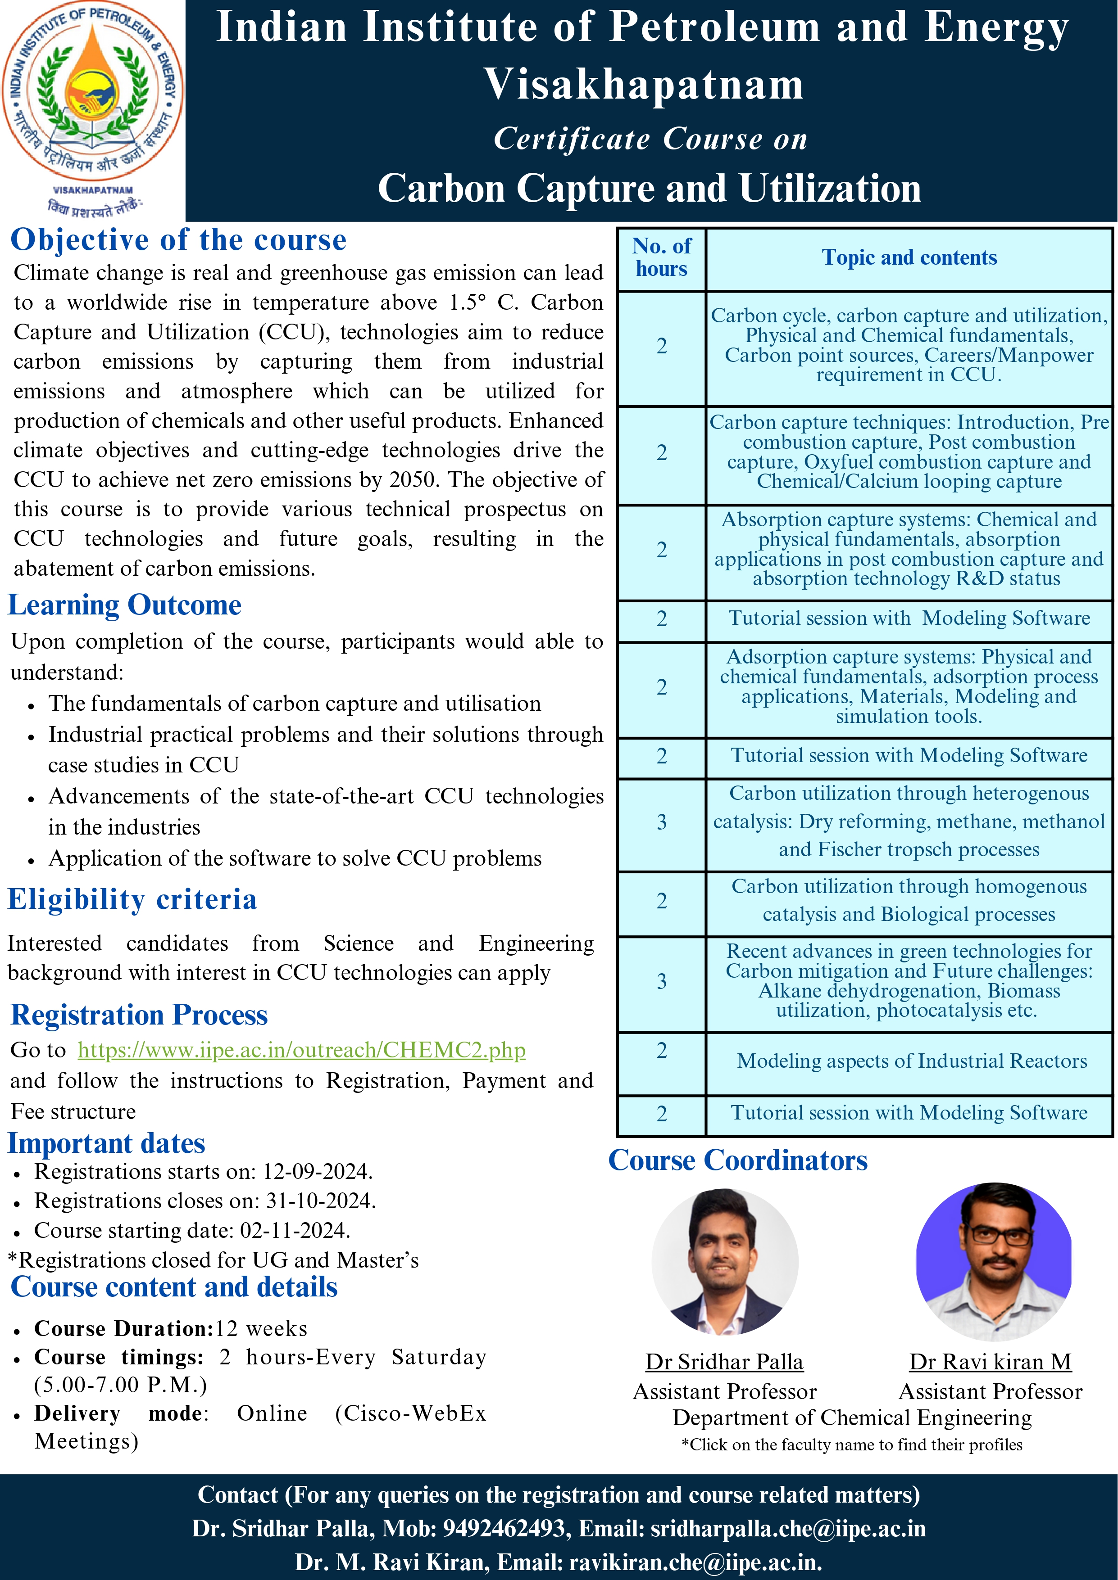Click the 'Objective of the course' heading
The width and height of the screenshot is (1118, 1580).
pyautogui.click(x=178, y=240)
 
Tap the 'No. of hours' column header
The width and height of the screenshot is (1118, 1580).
pyautogui.click(x=662, y=258)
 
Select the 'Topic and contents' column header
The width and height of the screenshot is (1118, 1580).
pyautogui.click(x=909, y=258)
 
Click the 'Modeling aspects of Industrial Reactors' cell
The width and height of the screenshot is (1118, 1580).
pyautogui.click(x=912, y=1061)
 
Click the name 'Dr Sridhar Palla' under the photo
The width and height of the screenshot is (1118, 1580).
pyautogui.click(x=724, y=1362)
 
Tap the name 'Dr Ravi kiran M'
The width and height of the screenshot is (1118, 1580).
pyautogui.click(x=990, y=1362)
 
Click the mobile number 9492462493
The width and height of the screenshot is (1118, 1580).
pyautogui.click(x=503, y=1528)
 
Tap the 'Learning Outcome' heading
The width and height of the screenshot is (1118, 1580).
pyautogui.click(x=125, y=605)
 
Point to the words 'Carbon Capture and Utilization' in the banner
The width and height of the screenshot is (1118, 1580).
pyautogui.click(x=649, y=189)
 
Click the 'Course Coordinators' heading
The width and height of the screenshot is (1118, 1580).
pyautogui.click(x=737, y=1160)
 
